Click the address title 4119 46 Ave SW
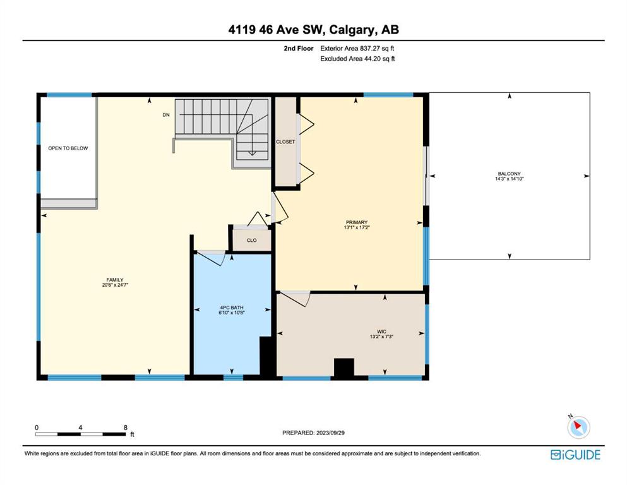click(275, 30)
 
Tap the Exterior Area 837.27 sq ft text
click(357, 49)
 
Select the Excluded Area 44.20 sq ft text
click(357, 59)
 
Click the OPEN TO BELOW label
click(68, 148)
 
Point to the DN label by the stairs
click(166, 115)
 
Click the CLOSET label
click(285, 142)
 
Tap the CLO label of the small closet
click(251, 241)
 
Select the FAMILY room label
click(115, 280)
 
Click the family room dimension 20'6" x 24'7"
click(115, 285)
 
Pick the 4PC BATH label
click(232, 308)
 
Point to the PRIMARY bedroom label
click(357, 222)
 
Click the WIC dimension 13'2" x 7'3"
click(381, 337)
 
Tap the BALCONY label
click(509, 174)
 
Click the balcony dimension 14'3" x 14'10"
click(509, 179)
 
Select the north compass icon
click(578, 427)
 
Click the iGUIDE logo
click(575, 455)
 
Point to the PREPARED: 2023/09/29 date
click(313, 433)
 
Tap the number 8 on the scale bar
click(126, 428)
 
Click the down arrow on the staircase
click(252, 153)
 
